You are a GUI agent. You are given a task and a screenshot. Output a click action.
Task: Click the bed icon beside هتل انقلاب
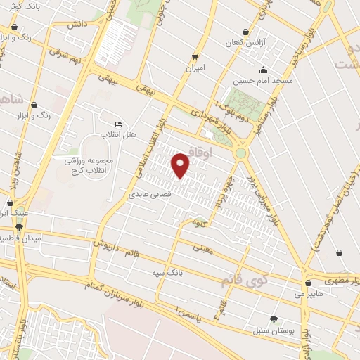118,124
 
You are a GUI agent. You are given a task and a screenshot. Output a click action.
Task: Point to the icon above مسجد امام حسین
263,70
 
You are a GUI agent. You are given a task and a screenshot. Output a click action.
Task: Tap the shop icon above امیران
195,56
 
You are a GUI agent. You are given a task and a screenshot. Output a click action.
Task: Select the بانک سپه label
167,271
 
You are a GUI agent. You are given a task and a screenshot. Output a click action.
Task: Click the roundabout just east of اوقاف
241,152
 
